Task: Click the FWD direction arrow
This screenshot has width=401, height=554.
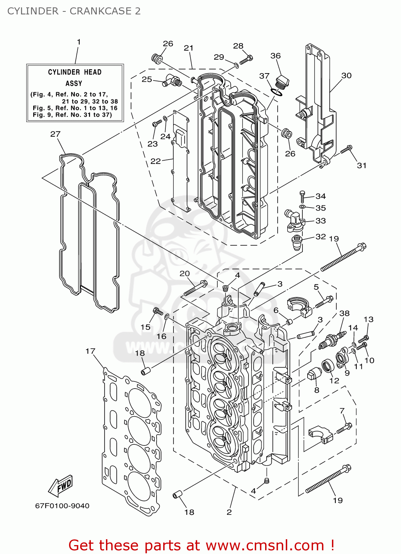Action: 61,486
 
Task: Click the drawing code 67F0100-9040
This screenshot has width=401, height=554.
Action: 62,506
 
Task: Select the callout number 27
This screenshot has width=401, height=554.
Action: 55,134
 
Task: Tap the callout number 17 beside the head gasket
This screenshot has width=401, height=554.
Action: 90,351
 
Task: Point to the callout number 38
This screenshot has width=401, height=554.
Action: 345,314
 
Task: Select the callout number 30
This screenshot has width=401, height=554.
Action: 346,76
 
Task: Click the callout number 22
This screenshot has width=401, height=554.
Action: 156,161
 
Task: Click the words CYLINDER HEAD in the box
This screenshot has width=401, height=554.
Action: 75,72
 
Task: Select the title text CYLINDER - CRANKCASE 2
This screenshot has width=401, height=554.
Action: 74,11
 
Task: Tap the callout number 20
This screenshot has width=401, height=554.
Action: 185,274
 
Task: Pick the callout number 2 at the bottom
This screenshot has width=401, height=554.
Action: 229,512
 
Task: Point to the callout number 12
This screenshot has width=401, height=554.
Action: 334,380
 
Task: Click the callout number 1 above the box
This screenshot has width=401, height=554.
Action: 79,42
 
